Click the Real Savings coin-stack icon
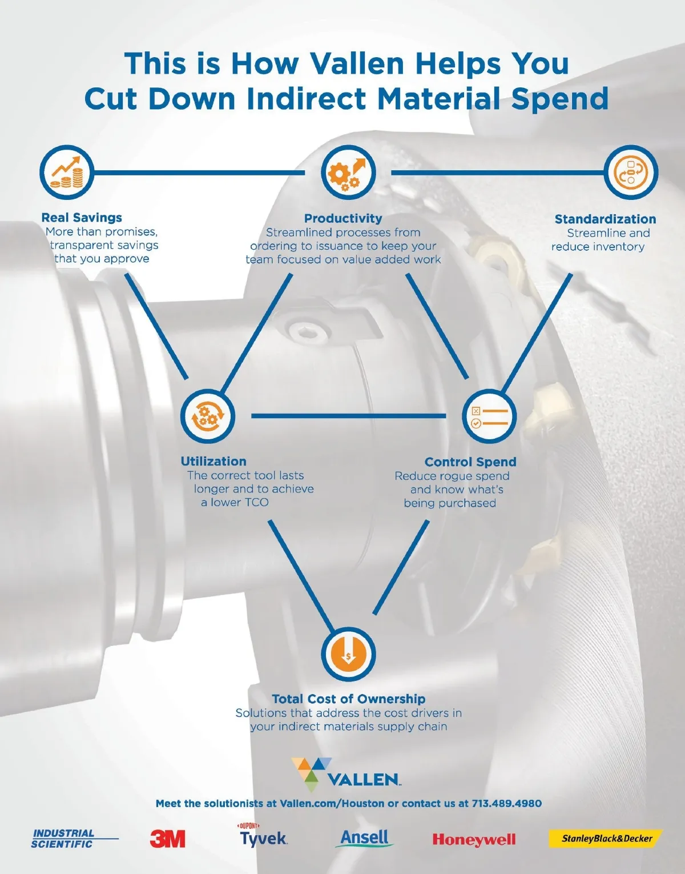coord(67,172)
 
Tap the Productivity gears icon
coord(348,172)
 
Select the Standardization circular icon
coord(631,172)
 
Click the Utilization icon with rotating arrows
coord(208,416)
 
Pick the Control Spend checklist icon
coord(489,416)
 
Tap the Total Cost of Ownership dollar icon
coord(348,654)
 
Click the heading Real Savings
coord(82,218)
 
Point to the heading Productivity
coord(342,218)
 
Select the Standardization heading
coord(605,219)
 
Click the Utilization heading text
coord(213,462)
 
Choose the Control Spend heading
coord(470,462)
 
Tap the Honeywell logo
coord(474,840)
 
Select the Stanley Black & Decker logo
coord(606,839)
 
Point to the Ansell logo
coord(364,838)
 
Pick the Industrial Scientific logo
coord(75,839)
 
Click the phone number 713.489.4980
coord(506,804)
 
